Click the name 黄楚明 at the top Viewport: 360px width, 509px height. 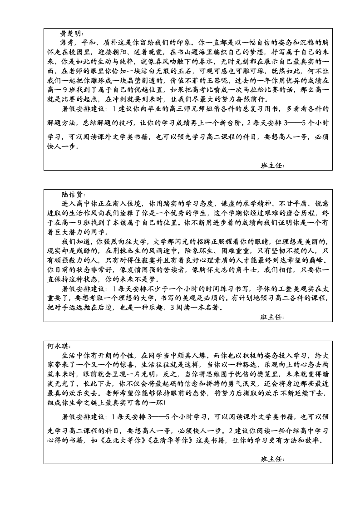pos(71,34)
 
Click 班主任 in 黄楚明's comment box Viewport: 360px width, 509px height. pos(272,166)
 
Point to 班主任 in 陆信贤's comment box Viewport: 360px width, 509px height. pos(272,317)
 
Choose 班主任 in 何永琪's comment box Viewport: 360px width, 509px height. pos(272,459)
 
